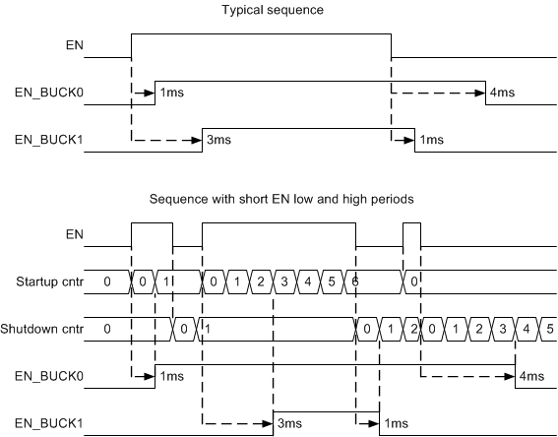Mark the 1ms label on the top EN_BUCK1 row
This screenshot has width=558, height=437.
tap(430, 141)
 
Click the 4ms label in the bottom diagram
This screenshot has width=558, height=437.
tap(530, 376)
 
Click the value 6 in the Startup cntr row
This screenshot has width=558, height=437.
tap(353, 281)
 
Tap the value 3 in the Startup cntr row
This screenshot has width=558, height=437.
tap(284, 281)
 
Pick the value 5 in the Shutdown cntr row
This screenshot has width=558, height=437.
tap(549, 329)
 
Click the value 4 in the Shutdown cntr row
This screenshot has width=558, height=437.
tap(527, 329)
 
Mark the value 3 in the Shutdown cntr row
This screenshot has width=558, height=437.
tap(502, 329)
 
